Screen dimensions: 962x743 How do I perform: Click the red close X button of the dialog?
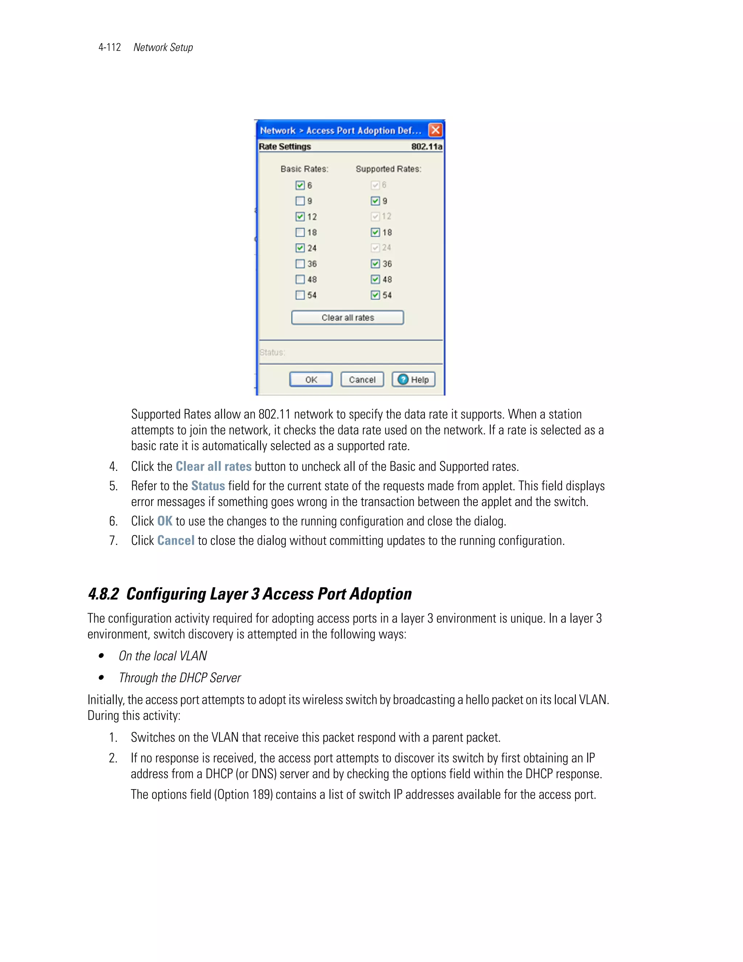(x=435, y=130)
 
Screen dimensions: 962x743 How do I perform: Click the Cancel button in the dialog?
(x=362, y=379)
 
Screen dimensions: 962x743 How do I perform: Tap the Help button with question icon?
(x=413, y=379)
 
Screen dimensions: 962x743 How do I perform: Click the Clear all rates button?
(x=347, y=318)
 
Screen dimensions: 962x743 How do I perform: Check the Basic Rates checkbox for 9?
(x=300, y=201)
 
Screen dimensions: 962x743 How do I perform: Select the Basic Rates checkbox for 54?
(x=300, y=295)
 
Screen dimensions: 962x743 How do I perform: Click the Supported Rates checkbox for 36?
(x=375, y=264)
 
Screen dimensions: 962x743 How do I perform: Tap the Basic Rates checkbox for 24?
(x=300, y=248)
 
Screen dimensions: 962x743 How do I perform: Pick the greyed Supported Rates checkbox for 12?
(x=375, y=216)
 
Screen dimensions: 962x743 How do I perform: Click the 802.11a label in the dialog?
(x=426, y=147)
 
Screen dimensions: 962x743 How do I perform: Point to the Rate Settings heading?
(x=285, y=147)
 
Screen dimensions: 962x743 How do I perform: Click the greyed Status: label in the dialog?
(x=272, y=352)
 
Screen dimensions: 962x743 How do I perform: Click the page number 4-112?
(x=110, y=48)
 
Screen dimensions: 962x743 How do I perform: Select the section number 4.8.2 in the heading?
(x=103, y=594)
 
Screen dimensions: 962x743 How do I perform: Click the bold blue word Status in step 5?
(x=208, y=486)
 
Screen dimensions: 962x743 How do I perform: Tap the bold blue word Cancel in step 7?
(x=176, y=541)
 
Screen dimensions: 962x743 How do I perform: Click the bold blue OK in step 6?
(x=165, y=521)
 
